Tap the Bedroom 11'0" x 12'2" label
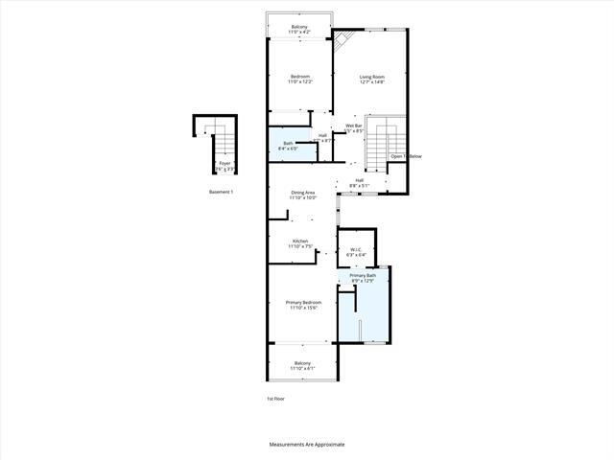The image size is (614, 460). tap(300, 79)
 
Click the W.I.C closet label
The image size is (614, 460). tap(355, 251)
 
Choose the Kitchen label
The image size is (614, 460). tap(301, 243)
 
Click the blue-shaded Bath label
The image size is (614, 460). tap(288, 146)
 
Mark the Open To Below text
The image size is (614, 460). tap(405, 156)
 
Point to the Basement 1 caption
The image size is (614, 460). tap(221, 192)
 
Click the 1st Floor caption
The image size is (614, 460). tap(275, 398)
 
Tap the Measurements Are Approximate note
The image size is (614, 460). tap(306, 445)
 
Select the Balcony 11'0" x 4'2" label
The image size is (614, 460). tap(300, 30)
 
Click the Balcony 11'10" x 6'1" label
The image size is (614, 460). tap(303, 365)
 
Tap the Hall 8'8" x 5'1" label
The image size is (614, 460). tap(359, 182)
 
